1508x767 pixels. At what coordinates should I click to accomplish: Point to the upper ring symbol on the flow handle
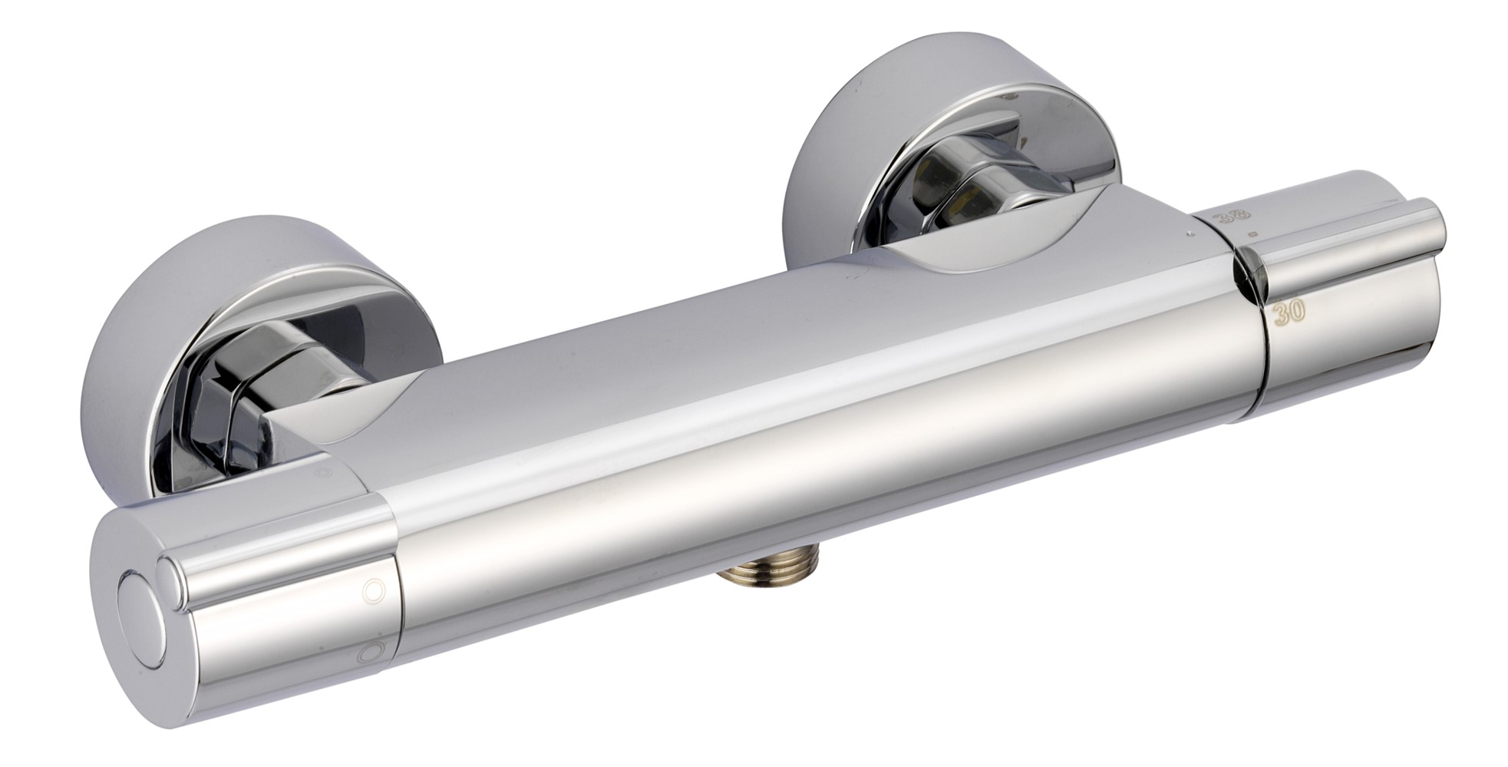[374, 590]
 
